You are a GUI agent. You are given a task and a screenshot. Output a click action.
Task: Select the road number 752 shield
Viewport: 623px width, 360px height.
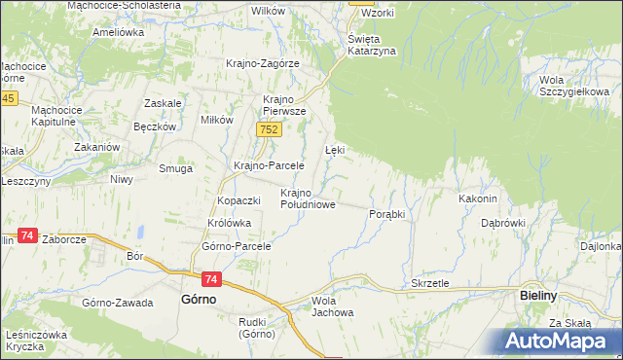271,129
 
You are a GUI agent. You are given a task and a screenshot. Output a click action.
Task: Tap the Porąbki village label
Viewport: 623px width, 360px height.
386,213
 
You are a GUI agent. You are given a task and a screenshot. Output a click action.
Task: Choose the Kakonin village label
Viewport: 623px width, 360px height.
478,198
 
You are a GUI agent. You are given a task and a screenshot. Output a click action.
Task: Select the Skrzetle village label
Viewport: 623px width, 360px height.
429,283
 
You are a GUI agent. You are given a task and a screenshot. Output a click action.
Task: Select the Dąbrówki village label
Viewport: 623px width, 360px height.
502,223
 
